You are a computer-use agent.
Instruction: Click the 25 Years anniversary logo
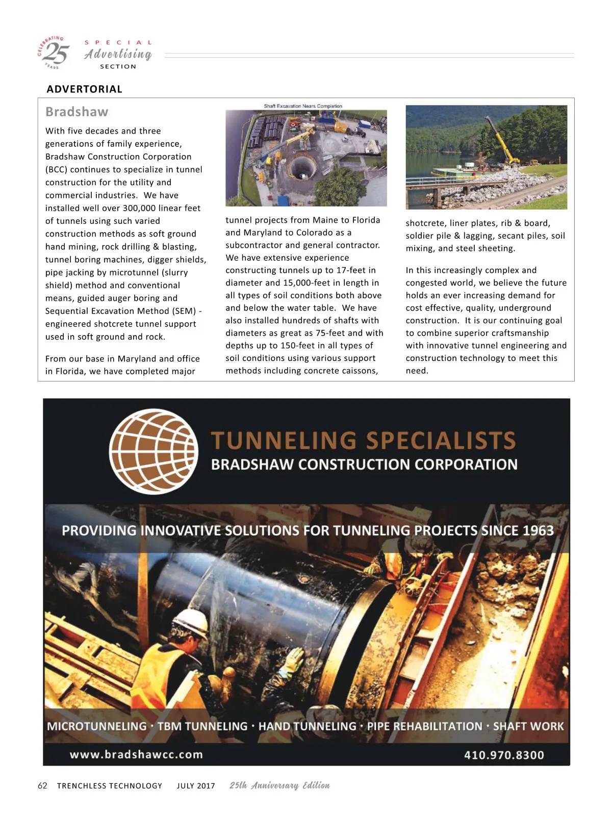coord(53,53)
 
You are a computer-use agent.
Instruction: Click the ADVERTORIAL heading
coord(84,89)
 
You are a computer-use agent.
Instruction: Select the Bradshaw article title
coord(76,112)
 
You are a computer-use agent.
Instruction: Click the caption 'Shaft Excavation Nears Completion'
coord(303,106)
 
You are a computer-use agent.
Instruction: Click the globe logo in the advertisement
coord(154,451)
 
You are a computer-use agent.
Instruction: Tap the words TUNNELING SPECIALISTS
coord(363,441)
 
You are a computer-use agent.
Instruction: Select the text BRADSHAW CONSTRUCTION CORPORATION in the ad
coord(364,465)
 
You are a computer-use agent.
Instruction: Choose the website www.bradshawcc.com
coord(136,755)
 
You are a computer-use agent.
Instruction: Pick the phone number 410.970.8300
coord(504,755)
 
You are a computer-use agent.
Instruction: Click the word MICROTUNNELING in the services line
coord(97,726)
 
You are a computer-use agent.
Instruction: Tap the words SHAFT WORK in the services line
coord(528,726)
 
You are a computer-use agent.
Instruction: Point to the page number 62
coord(42,786)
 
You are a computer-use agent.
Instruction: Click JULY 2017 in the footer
coord(196,786)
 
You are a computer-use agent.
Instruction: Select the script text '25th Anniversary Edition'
coord(279,785)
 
